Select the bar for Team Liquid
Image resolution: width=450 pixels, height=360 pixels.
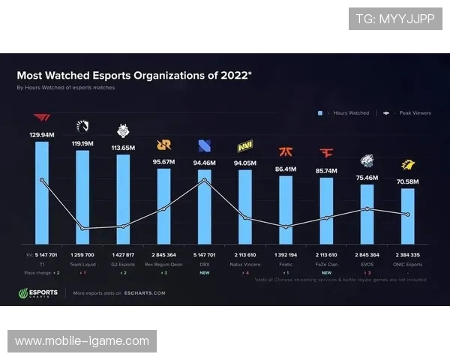click(x=82, y=199)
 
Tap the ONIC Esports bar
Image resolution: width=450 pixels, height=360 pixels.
click(x=407, y=217)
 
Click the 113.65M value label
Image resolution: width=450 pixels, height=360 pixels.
click(x=123, y=148)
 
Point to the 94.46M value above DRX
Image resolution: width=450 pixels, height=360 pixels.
click(x=205, y=161)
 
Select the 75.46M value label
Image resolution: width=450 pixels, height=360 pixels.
click(x=367, y=178)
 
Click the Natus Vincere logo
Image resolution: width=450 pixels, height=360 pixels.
click(x=245, y=145)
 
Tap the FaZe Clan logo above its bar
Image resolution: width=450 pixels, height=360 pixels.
click(x=326, y=153)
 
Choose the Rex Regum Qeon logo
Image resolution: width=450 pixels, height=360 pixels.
click(x=163, y=145)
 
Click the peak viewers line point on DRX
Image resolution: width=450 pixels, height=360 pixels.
click(x=205, y=179)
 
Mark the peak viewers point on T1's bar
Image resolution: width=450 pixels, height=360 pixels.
click(x=42, y=180)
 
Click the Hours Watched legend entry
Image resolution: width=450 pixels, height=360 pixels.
click(x=344, y=113)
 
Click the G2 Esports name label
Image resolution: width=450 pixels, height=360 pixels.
click(x=123, y=265)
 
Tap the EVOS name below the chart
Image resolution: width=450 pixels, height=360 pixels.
click(x=367, y=265)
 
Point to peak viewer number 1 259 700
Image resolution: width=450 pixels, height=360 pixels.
click(x=82, y=256)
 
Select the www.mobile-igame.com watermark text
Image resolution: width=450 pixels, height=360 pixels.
click(x=82, y=341)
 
